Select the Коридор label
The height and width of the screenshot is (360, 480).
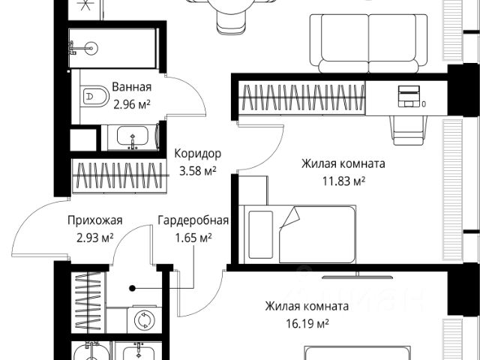coord(197,153)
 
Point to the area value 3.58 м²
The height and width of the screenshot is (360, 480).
coord(197,170)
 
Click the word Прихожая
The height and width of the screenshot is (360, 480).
coord(94,220)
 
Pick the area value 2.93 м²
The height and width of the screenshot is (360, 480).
coord(94,238)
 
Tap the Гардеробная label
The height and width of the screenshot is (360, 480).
coord(193,220)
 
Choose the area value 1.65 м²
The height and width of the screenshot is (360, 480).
coord(193,238)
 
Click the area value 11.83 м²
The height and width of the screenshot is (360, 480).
coord(343,181)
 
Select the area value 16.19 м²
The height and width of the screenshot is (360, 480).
coord(306,323)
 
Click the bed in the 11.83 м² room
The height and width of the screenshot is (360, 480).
coord(296,234)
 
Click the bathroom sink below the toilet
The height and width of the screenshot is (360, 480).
coord(134,139)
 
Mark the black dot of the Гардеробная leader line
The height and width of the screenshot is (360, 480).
coord(131,287)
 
